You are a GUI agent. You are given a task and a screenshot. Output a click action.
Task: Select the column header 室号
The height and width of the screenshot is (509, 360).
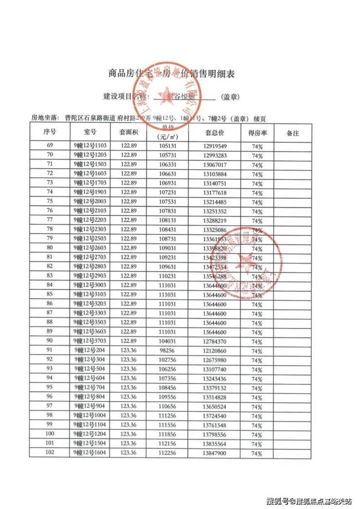click(x=90, y=133)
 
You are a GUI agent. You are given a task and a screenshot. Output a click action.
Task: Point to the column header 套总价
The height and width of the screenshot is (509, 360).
click(x=214, y=133)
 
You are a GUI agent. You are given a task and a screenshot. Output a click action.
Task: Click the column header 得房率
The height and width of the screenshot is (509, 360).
click(x=257, y=133)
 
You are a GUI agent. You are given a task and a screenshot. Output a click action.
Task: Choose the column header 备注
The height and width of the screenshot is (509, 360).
click(x=293, y=133)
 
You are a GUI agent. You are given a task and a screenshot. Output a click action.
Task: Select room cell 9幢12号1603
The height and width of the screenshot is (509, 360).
click(x=90, y=174)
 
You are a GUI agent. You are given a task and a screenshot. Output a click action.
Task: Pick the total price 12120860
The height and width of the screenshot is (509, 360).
click(x=214, y=351)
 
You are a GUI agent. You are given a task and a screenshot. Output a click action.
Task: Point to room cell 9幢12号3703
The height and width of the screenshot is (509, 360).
click(x=90, y=341)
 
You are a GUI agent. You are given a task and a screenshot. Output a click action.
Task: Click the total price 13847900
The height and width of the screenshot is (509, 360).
click(x=214, y=453)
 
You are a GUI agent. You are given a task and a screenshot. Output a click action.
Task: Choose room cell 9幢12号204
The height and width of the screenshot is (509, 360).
click(x=90, y=351)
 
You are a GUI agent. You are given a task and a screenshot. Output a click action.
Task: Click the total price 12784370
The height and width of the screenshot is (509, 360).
click(x=214, y=341)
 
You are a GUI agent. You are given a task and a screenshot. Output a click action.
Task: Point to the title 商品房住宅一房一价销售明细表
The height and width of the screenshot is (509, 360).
click(x=171, y=74)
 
